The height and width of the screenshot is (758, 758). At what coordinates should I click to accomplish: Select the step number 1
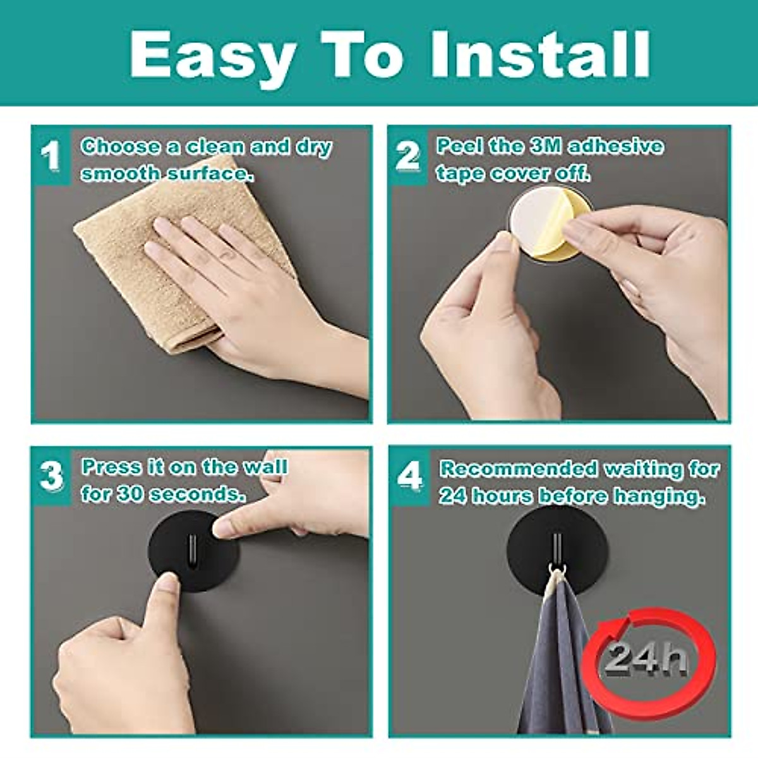click(x=51, y=155)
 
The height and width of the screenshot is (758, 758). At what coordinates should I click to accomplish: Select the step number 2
click(x=407, y=155)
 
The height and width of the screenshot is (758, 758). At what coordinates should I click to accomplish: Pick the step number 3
click(x=51, y=476)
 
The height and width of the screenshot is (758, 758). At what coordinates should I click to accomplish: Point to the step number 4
click(x=409, y=477)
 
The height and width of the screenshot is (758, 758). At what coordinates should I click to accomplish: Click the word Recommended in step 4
click(x=518, y=469)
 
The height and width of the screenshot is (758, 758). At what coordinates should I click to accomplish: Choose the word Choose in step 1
click(x=121, y=147)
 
